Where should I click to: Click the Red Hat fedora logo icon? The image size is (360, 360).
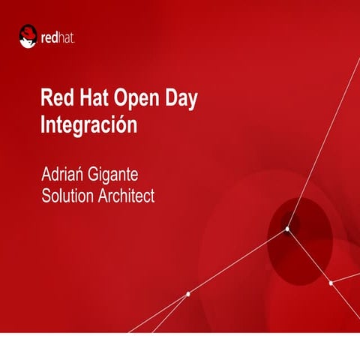28,35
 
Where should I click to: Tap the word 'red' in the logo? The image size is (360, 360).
53,36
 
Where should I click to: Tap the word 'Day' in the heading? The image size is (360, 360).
181,100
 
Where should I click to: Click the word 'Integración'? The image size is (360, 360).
88,124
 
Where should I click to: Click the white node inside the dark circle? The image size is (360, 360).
286,229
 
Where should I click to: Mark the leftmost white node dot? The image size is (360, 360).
187,294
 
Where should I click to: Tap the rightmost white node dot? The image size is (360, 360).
331,283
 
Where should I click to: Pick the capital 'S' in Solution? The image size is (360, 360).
46,196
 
